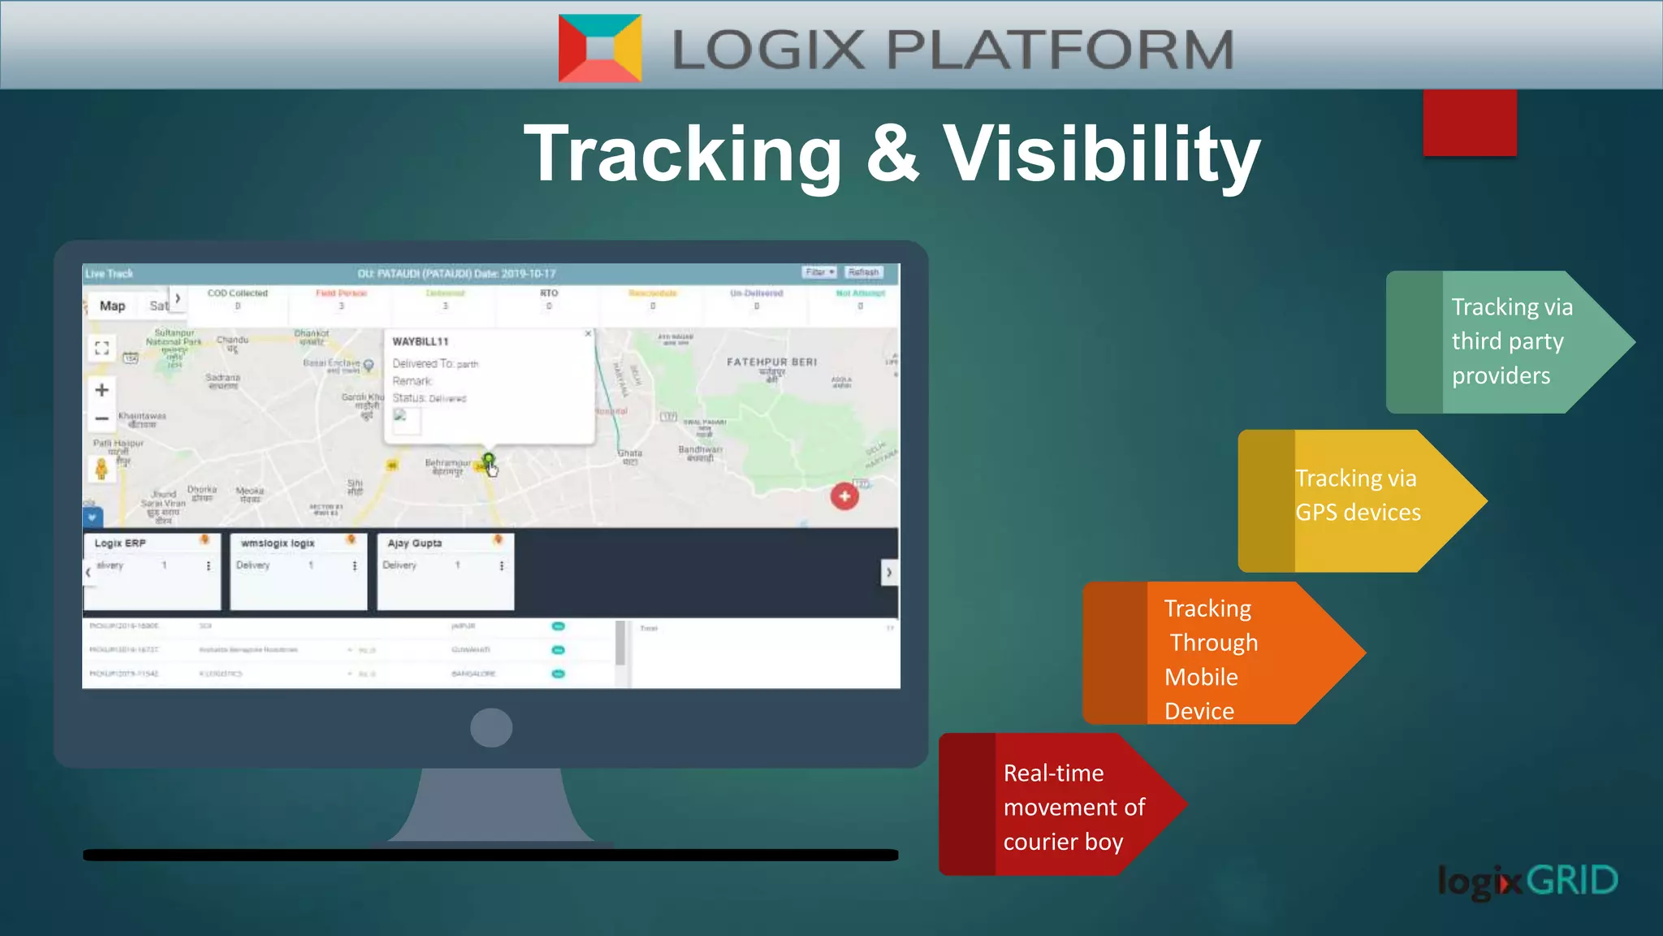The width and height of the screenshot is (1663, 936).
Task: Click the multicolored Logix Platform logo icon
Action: click(600, 48)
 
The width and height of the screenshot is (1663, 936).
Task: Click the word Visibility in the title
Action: click(1101, 154)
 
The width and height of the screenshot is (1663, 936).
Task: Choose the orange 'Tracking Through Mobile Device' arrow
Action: click(1218, 654)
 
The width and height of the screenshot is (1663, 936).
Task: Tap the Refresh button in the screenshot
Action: click(863, 272)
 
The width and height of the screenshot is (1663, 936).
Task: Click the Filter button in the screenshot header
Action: click(819, 272)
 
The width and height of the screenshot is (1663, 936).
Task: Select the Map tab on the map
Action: click(112, 305)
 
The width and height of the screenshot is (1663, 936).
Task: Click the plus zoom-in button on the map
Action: click(102, 390)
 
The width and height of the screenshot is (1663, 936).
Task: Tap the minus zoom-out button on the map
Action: click(102, 419)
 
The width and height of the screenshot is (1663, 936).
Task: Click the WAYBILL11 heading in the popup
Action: click(420, 341)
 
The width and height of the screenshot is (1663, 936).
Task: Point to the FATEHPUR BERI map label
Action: click(771, 362)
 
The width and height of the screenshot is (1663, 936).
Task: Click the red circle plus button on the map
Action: click(844, 496)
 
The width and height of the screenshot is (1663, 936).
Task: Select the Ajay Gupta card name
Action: click(415, 543)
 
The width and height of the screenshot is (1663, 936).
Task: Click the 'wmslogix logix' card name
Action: click(278, 543)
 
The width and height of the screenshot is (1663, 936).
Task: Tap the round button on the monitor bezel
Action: click(490, 727)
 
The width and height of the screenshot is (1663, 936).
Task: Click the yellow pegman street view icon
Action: click(102, 469)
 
